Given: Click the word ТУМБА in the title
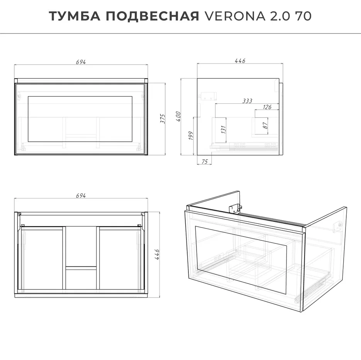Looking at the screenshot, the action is click(75, 16).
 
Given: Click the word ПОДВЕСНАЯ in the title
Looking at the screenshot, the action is click(153, 16).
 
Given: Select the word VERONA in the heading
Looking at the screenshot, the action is click(235, 16).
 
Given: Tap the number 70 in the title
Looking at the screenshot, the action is click(303, 16).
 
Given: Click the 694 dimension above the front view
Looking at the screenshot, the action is click(81, 62).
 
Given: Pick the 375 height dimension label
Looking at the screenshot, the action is click(163, 119).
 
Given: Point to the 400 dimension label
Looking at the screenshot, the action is click(178, 117).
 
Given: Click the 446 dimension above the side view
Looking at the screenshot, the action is click(240, 61).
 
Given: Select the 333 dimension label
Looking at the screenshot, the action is click(247, 101).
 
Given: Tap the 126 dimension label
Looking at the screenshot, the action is click(267, 107).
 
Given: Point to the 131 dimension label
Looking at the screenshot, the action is click(223, 130).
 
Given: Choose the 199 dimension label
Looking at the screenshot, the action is click(191, 136).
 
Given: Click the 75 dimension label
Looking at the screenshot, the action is click(205, 162).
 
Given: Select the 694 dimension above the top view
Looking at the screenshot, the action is click(81, 196).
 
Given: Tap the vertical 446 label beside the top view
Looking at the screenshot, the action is click(157, 254).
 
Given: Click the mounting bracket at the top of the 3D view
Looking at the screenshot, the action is click(235, 208).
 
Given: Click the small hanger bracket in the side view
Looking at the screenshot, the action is click(209, 96).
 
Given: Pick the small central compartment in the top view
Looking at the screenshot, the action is click(81, 278).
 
